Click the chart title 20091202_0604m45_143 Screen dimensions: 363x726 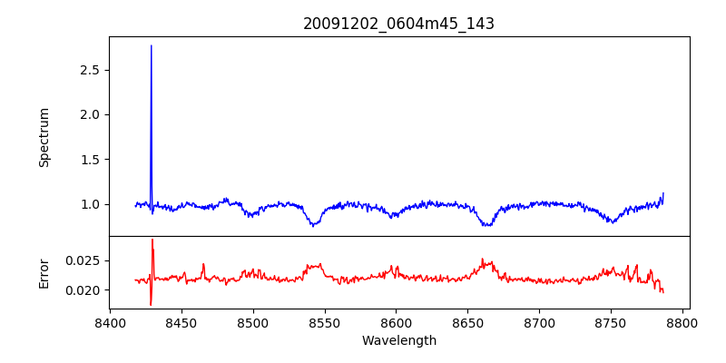(x=398, y=24)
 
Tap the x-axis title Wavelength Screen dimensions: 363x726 (x=398, y=340)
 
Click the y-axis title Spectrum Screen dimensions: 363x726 (x=44, y=137)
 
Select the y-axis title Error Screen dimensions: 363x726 (x=44, y=273)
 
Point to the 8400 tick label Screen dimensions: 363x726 (x=110, y=321)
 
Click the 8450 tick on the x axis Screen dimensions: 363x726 (x=181, y=321)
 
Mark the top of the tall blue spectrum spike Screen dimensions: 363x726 (x=151, y=45)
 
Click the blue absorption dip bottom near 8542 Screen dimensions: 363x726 (x=312, y=225)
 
